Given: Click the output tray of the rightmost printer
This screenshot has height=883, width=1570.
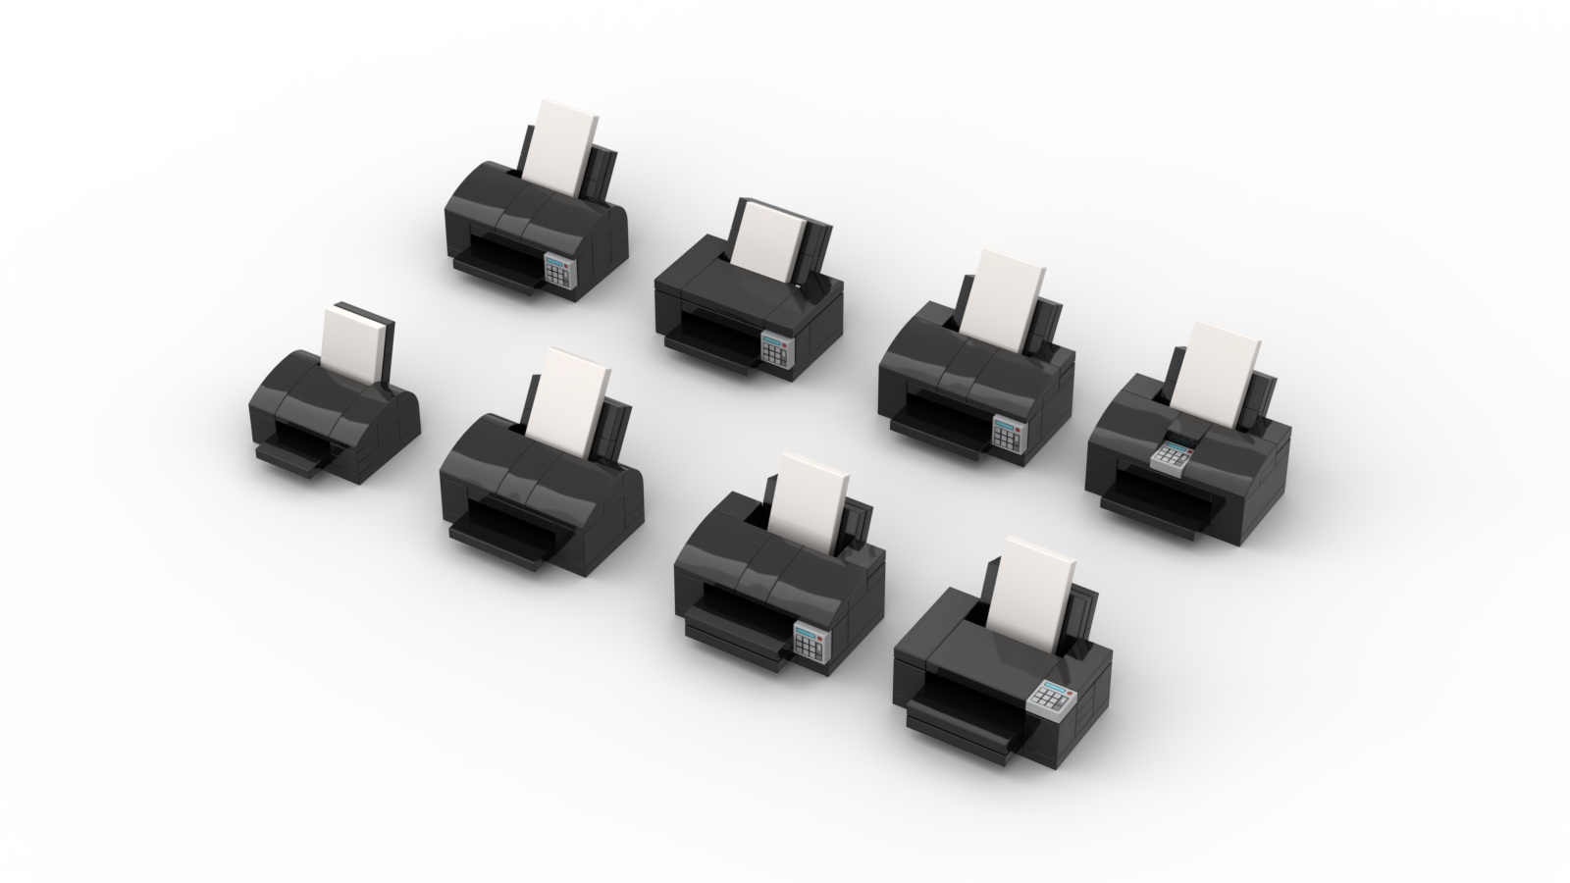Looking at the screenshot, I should tap(1153, 516).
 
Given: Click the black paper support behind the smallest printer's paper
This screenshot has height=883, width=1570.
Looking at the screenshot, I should tap(386, 348).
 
